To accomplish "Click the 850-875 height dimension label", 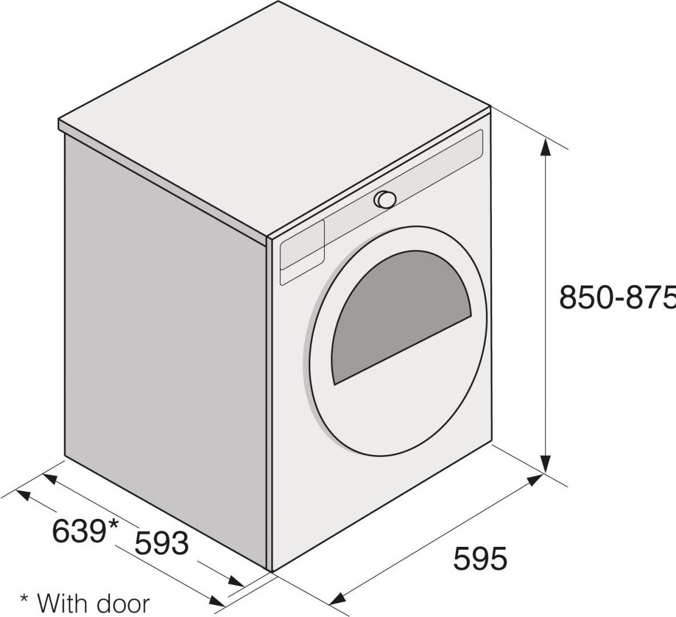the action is pyautogui.click(x=617, y=297).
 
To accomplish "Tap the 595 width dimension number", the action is pyautogui.click(x=480, y=558).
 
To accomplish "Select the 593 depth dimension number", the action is pyautogui.click(x=162, y=543).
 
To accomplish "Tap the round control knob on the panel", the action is pyautogui.click(x=385, y=199).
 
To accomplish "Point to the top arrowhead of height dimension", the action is pyautogui.click(x=545, y=147).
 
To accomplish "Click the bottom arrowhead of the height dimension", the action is pyautogui.click(x=546, y=464).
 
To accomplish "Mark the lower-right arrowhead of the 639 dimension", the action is pyautogui.click(x=217, y=600).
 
